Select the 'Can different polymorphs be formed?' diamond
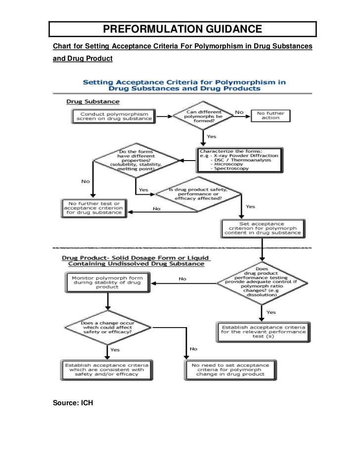(x=204, y=117)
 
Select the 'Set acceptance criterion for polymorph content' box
(x=263, y=228)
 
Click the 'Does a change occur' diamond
(x=106, y=328)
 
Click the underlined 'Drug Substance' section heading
(x=93, y=102)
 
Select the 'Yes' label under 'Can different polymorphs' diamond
(x=212, y=136)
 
